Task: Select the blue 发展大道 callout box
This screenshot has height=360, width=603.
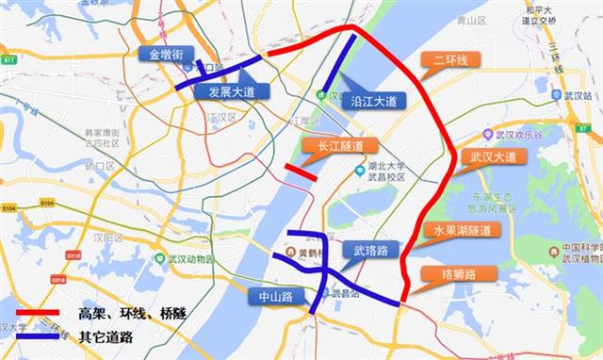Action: point(232,91)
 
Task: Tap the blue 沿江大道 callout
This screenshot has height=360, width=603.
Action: point(372,100)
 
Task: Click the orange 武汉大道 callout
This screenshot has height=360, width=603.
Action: point(493,156)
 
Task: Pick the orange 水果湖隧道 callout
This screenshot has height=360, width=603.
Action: point(462,231)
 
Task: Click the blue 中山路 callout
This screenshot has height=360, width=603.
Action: point(275,296)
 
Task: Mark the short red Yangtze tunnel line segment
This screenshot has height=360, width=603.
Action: point(301,172)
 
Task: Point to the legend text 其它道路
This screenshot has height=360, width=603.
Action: point(106,335)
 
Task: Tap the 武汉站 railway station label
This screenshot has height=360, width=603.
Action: point(577,96)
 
